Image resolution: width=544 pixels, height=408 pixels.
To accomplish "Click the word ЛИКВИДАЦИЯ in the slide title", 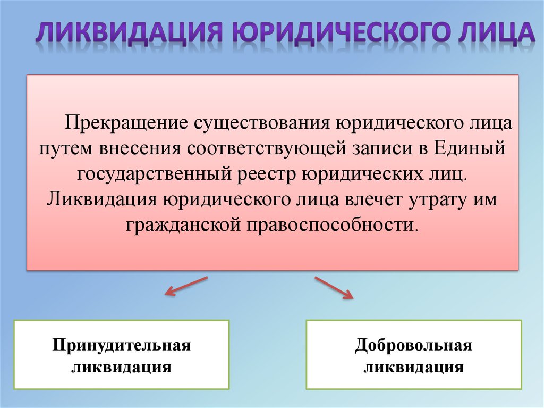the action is click(129, 33).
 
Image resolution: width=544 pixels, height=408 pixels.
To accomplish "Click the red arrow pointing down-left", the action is click(186, 286).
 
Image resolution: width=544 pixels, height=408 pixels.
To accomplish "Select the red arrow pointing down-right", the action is click(334, 287).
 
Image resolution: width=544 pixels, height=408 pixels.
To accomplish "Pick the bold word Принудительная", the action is click(122, 346).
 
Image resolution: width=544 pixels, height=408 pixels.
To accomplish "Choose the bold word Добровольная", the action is click(413, 346).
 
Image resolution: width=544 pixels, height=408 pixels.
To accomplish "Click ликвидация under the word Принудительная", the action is click(122, 368).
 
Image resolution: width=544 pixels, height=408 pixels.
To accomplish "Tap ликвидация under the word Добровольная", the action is click(413, 368).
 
